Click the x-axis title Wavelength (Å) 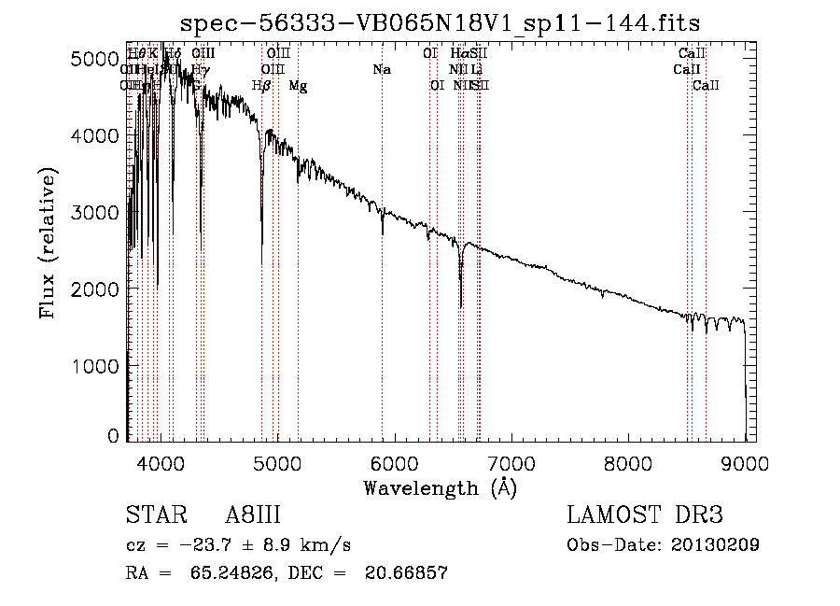[x=441, y=487]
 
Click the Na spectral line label [x=381, y=70]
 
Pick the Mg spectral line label [x=298, y=86]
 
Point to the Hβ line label [x=261, y=86]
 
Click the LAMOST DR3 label [x=644, y=516]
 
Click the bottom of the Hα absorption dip [x=461, y=304]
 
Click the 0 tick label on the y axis [x=112, y=436]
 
